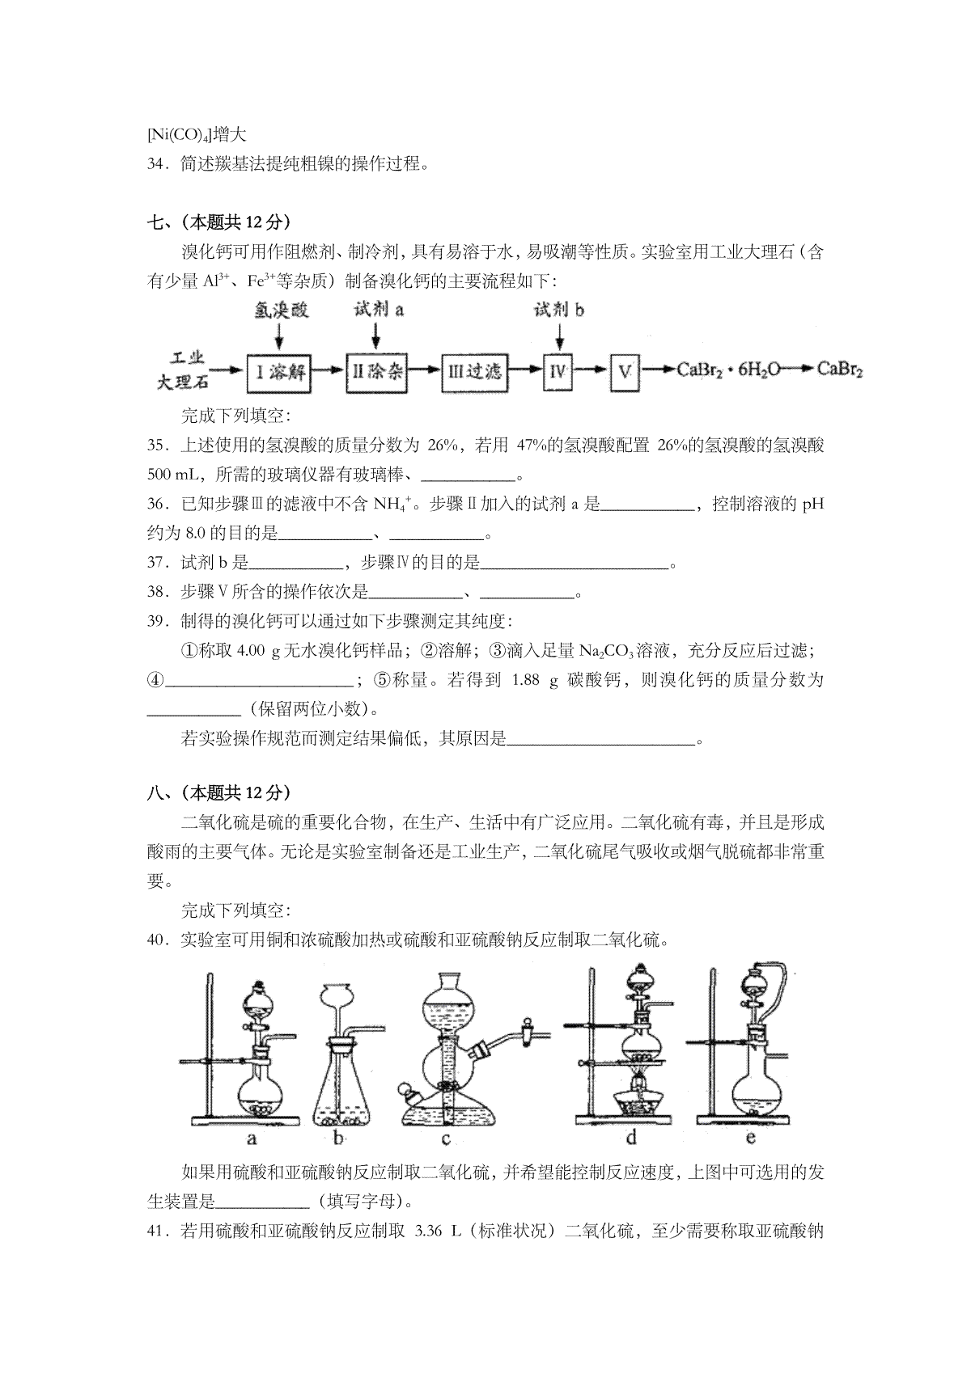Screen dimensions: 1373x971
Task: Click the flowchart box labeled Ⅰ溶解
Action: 280,371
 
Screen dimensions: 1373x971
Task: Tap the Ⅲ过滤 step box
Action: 475,371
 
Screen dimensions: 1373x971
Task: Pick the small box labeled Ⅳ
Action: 558,371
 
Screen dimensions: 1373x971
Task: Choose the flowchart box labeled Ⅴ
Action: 625,371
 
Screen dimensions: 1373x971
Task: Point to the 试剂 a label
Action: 378,310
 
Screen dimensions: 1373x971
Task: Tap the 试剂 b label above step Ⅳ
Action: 558,310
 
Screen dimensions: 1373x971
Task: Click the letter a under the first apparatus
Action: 252,1139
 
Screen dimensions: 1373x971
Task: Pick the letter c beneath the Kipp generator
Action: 445,1139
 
